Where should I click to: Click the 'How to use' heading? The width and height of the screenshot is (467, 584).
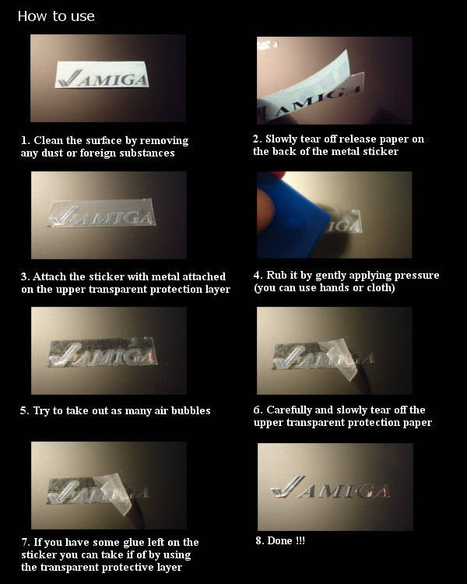(56, 16)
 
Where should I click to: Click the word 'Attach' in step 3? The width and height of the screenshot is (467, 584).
(50, 276)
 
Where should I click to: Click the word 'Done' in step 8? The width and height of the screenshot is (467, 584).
(279, 540)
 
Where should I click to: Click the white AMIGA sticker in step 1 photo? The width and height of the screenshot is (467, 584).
(102, 76)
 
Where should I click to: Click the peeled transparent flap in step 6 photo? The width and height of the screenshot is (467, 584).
(342, 360)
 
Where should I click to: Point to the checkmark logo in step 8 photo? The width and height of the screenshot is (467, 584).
(287, 487)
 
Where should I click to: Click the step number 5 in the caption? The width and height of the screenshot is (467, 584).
(23, 410)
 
